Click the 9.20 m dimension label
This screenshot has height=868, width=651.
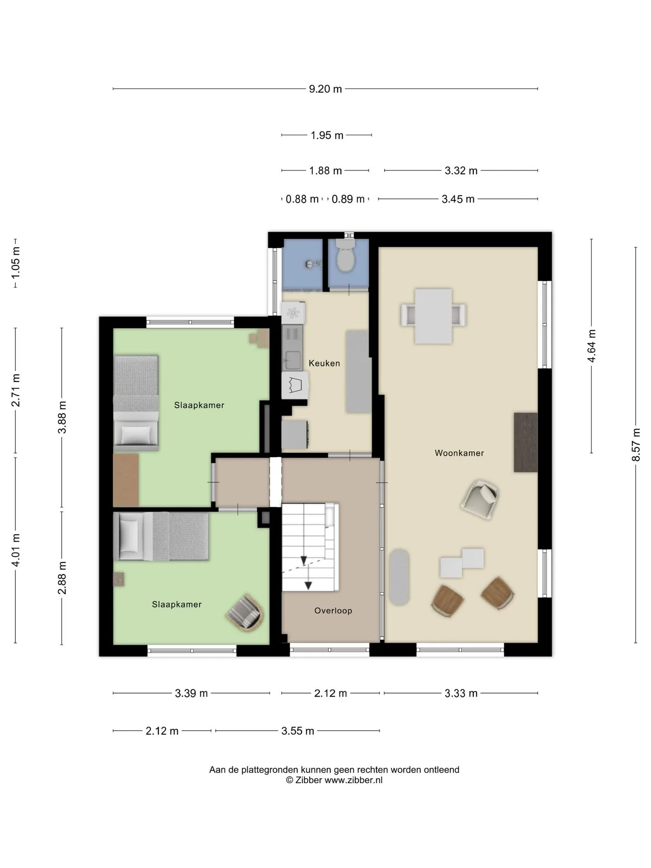[325, 89]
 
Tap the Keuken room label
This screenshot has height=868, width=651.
[324, 363]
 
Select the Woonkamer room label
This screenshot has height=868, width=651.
[459, 453]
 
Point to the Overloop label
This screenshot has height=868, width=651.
[333, 611]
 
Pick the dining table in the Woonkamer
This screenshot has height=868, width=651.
[434, 316]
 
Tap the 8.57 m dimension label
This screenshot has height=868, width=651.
[636, 445]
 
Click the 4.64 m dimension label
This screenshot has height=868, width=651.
[591, 346]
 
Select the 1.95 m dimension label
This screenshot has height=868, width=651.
[327, 135]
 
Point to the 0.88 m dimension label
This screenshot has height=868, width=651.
[302, 199]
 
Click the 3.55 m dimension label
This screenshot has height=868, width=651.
[297, 731]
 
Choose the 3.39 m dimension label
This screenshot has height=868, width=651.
[191, 693]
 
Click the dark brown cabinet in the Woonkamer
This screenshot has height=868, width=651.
[526, 442]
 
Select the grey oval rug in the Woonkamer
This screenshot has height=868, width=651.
[399, 577]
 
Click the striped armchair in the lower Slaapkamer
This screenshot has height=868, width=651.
[245, 613]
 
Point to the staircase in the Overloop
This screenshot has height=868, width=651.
[310, 547]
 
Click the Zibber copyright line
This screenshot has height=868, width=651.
[334, 780]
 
